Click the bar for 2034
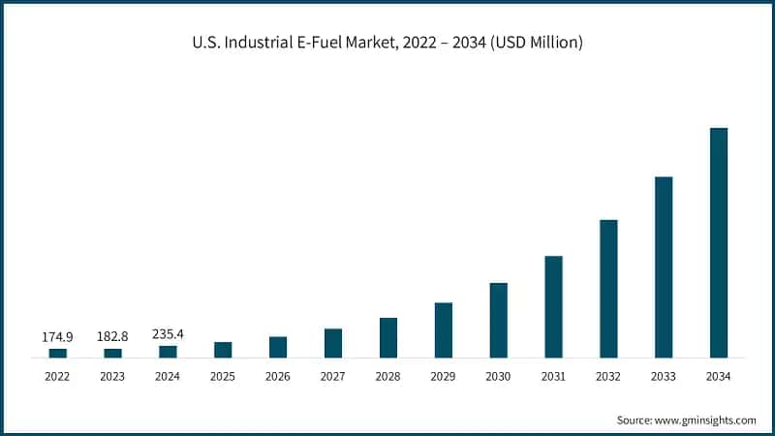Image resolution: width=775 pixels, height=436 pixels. click(x=719, y=242)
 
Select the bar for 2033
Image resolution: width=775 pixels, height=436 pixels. click(x=664, y=267)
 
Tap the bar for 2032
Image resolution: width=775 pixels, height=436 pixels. click(x=608, y=289)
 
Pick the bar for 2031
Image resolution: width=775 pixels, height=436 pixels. click(x=553, y=307)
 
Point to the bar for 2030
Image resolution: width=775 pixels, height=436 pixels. click(x=498, y=321)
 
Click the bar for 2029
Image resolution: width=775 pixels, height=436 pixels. click(x=443, y=330)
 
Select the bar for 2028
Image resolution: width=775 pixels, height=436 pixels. click(x=387, y=338)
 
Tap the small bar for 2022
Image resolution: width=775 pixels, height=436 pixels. click(x=58, y=353)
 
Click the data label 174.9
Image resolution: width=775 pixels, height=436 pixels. click(x=57, y=337)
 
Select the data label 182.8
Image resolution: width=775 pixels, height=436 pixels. click(x=112, y=337)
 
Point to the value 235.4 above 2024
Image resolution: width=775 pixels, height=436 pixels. click(x=168, y=334)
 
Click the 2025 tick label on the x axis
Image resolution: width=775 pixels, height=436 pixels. click(x=223, y=376)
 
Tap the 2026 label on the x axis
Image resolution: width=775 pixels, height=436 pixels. click(x=278, y=376)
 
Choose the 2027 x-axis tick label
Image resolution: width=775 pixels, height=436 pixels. click(x=333, y=376)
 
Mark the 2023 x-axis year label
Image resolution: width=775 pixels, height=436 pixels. click(x=112, y=376)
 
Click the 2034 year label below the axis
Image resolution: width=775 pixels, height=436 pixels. click(x=719, y=376)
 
